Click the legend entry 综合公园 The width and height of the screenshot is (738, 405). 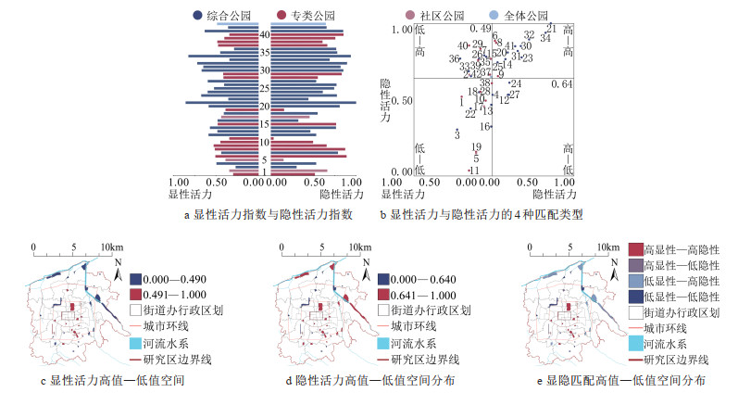pyautogui.click(x=222, y=16)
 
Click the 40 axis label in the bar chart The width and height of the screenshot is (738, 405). pyautogui.click(x=265, y=35)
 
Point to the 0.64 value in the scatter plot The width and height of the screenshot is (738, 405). pyautogui.click(x=562, y=85)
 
